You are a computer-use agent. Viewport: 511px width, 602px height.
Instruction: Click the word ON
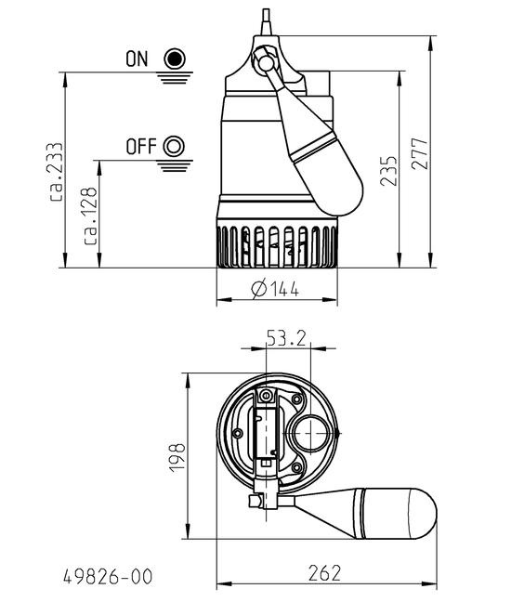(x=137, y=59)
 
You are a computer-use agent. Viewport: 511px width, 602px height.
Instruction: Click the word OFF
(x=140, y=147)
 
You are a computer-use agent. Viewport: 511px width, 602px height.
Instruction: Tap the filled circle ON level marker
(x=173, y=59)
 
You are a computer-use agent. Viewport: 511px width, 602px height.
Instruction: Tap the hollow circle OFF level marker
(x=173, y=147)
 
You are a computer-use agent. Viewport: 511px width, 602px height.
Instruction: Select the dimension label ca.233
(x=56, y=172)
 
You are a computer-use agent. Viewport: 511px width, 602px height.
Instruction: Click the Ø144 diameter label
(x=275, y=288)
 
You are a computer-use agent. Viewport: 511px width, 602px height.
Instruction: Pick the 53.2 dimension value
(x=286, y=338)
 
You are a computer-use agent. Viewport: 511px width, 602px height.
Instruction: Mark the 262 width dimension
(x=323, y=572)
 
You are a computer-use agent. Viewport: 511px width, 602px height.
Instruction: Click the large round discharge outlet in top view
(x=308, y=435)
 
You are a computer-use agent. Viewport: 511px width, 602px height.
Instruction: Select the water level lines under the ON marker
(x=173, y=77)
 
